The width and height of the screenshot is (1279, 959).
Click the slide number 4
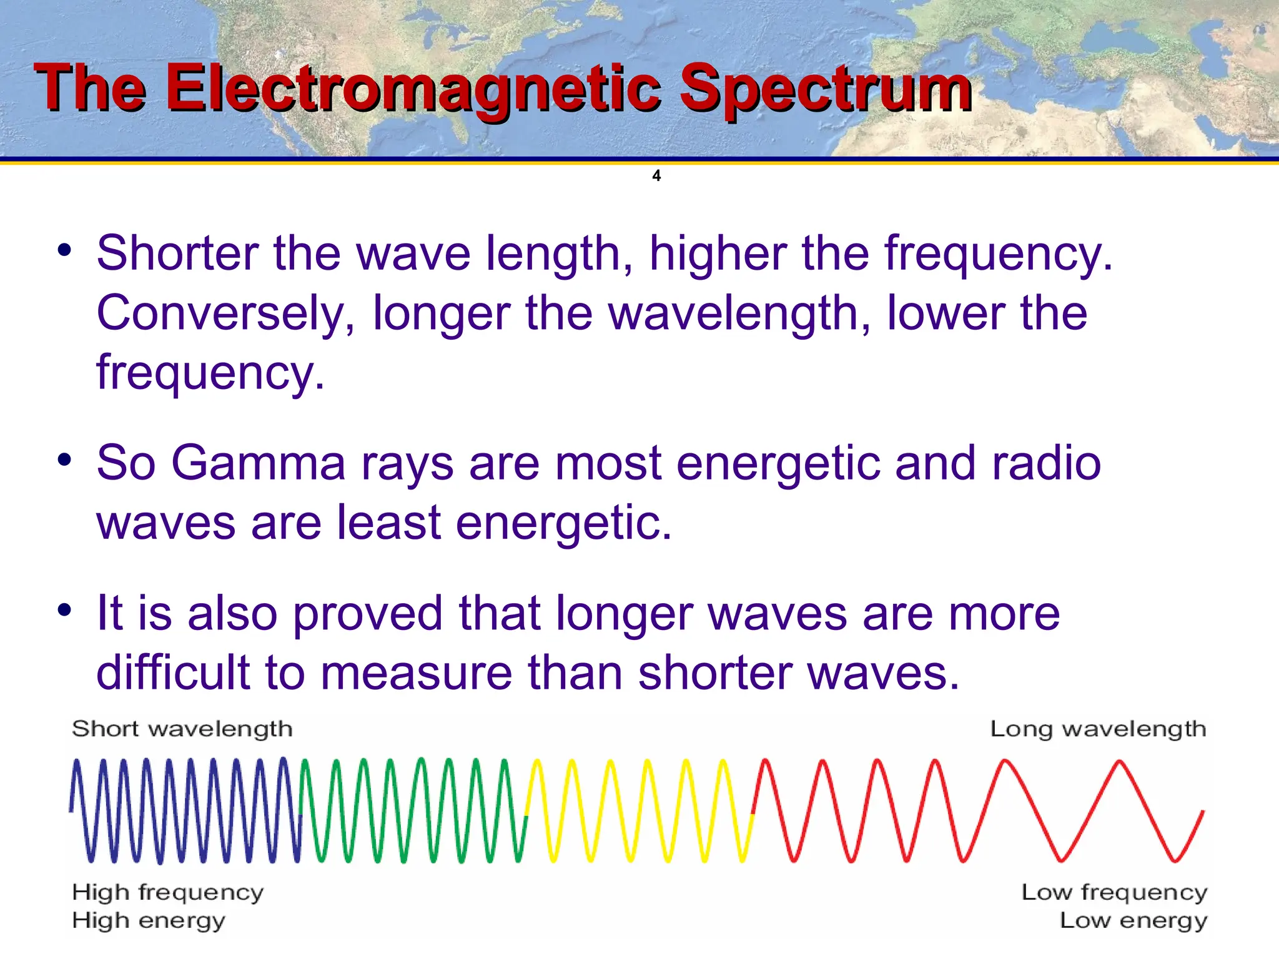(656, 175)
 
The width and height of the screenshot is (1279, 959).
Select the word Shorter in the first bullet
(177, 253)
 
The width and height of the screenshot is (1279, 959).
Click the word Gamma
(258, 463)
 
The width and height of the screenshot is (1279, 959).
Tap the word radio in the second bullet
(1047, 463)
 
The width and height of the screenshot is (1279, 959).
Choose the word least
(390, 523)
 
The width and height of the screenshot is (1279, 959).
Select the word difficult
(172, 673)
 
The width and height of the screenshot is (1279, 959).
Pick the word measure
(416, 673)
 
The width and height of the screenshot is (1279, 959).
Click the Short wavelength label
(182, 729)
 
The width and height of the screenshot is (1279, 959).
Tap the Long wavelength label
(1098, 729)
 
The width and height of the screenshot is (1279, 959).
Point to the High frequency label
(167, 892)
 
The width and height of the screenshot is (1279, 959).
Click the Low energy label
(1133, 920)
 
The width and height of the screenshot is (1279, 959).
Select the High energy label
(148, 920)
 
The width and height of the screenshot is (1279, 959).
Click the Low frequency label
(1114, 892)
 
